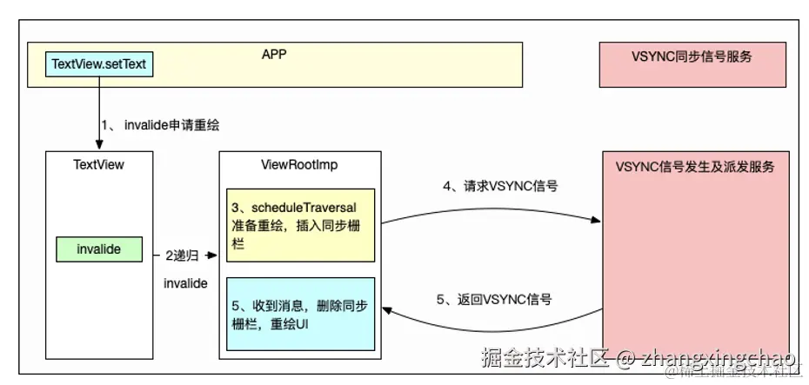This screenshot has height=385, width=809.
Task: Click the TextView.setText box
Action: click(x=101, y=63)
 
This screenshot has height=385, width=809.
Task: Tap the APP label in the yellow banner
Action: click(x=274, y=54)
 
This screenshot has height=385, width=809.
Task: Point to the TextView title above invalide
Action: click(x=98, y=163)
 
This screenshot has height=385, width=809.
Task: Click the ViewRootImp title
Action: click(x=299, y=163)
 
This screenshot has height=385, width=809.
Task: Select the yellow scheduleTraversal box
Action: click(x=300, y=225)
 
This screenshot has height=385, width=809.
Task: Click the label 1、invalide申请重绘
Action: click(x=161, y=125)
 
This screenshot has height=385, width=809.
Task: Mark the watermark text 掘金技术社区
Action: click(x=545, y=357)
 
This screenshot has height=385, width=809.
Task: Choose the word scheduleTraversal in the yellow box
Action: click(x=309, y=209)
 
